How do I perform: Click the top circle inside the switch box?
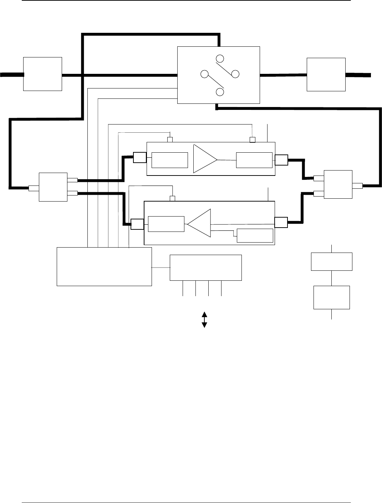(220, 58)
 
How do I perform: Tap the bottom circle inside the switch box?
(220, 92)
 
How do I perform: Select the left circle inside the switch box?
(204, 74)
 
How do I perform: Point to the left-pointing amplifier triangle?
(200, 224)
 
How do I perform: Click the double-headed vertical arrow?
(205, 320)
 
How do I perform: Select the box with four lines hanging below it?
(206, 268)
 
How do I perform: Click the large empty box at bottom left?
(104, 266)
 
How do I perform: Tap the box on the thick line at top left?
(42, 74)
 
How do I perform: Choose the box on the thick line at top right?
(326, 74)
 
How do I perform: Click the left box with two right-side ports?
(53, 187)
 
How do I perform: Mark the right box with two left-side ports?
(337, 184)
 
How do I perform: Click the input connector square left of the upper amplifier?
(139, 157)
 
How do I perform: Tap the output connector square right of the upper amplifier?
(281, 160)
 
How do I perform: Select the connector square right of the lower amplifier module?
(281, 222)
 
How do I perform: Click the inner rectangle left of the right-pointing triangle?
(170, 160)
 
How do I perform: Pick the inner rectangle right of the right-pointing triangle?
(254, 160)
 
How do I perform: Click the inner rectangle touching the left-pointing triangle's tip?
(166, 224)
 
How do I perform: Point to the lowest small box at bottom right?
(331, 297)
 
